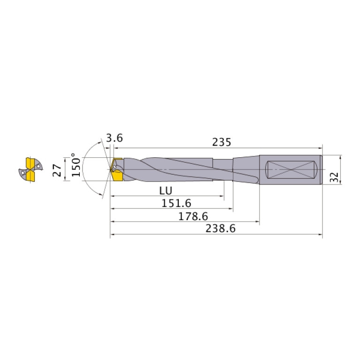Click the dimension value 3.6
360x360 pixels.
pyautogui.click(x=115, y=138)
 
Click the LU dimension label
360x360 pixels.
pyautogui.click(x=165, y=191)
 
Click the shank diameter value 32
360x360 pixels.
pyautogui.click(x=334, y=177)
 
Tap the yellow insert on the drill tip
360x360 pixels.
pyautogui.click(x=116, y=171)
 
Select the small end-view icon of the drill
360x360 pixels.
pyautogui.click(x=31, y=169)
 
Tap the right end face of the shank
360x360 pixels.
pyautogui.click(x=322, y=169)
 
